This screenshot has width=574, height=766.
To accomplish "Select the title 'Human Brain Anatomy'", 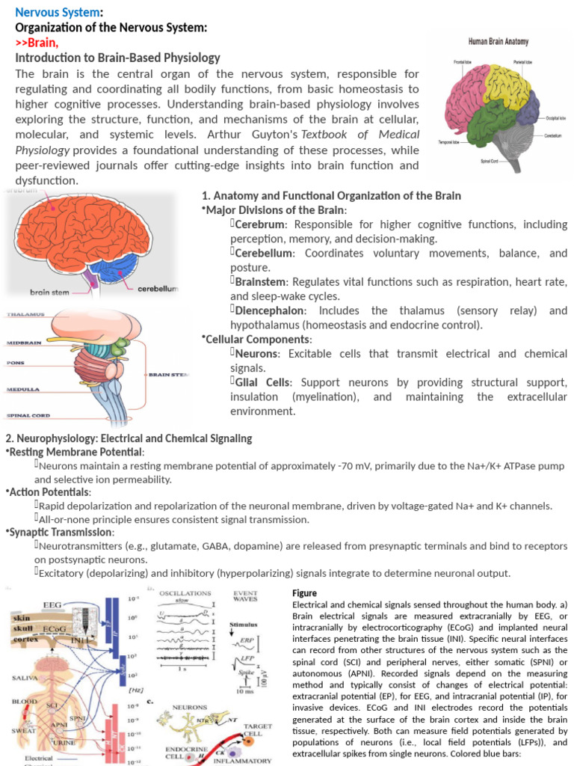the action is click(499, 43).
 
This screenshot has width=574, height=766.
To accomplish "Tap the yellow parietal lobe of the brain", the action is click(509, 82).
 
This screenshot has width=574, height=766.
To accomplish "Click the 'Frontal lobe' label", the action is click(461, 61).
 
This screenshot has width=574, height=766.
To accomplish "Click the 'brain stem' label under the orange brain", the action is click(49, 292).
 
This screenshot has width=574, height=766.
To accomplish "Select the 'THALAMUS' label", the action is click(25, 314).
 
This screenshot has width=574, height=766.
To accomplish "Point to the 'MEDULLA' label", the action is click(22, 390).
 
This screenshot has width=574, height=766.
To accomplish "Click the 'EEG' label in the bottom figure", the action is click(52, 604).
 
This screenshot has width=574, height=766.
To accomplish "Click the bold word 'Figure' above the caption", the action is click(304, 593).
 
